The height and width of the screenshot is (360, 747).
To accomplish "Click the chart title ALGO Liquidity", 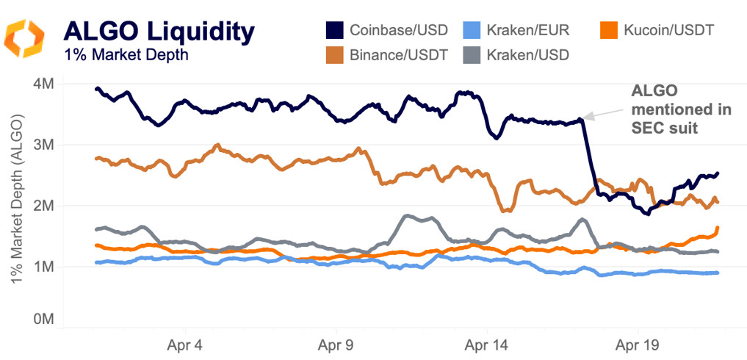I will click(159, 31).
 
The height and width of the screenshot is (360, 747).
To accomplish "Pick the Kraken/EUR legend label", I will click(523, 30).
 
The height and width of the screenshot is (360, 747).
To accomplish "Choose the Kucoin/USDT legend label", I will click(668, 30).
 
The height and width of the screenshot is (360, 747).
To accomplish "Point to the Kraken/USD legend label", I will click(523, 54).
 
